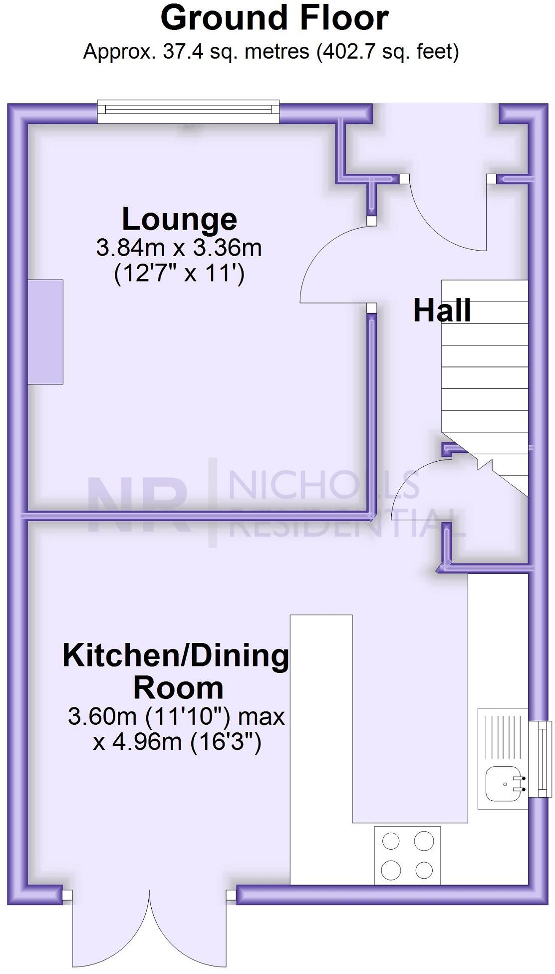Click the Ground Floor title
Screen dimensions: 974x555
[275, 18]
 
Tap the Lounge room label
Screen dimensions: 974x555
[179, 219]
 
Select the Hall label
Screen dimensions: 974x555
[442, 310]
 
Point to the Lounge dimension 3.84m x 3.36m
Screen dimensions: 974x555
[179, 248]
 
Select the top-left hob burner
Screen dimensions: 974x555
[391, 842]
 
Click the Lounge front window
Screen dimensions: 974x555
[188, 111]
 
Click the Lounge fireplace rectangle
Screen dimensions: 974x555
[45, 332]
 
